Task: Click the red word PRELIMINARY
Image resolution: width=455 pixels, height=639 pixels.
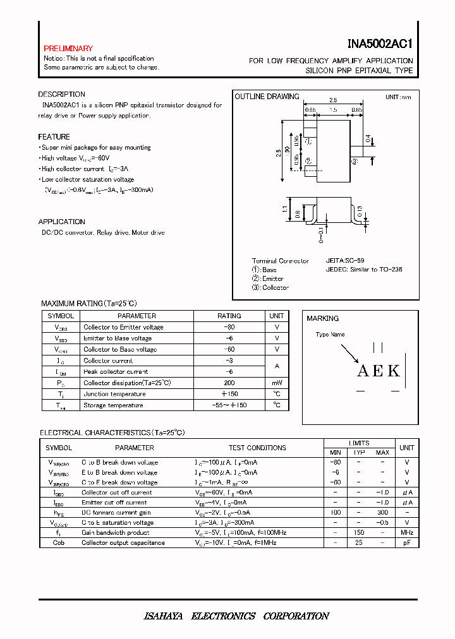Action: pyautogui.click(x=68, y=49)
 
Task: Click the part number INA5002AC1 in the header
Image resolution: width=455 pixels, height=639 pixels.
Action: pyautogui.click(x=380, y=45)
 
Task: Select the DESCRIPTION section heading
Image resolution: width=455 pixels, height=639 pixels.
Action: pyautogui.click(x=61, y=95)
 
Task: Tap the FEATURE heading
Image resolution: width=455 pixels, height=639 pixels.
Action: pyautogui.click(x=54, y=137)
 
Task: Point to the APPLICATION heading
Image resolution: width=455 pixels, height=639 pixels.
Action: pyautogui.click(x=61, y=222)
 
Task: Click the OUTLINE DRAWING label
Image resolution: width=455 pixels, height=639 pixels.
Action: pyautogui.click(x=267, y=97)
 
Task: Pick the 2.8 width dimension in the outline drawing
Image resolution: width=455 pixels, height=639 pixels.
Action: pyautogui.click(x=333, y=100)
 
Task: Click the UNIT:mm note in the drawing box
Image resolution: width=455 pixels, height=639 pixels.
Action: pyautogui.click(x=398, y=97)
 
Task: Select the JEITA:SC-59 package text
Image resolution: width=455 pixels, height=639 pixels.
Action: pyautogui.click(x=345, y=260)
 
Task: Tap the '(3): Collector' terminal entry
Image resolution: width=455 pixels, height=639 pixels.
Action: pyautogui.click(x=270, y=287)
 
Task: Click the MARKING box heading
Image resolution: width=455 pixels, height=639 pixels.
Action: pyautogui.click(x=322, y=318)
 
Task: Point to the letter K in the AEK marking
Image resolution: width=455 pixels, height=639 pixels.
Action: pyautogui.click(x=394, y=371)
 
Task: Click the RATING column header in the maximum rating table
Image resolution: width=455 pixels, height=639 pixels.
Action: pyautogui.click(x=229, y=316)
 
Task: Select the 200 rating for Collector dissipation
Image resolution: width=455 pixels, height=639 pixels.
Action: pyautogui.click(x=229, y=383)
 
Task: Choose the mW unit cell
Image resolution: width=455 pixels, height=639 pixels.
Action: pyautogui.click(x=277, y=383)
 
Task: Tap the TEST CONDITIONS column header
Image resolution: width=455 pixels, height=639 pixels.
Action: pyautogui.click(x=257, y=448)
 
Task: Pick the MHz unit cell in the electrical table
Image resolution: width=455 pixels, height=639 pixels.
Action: pyautogui.click(x=407, y=533)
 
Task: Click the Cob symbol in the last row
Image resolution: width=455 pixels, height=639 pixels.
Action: pyautogui.click(x=59, y=542)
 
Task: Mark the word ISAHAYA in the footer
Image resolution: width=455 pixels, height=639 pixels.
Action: pyautogui.click(x=158, y=616)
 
